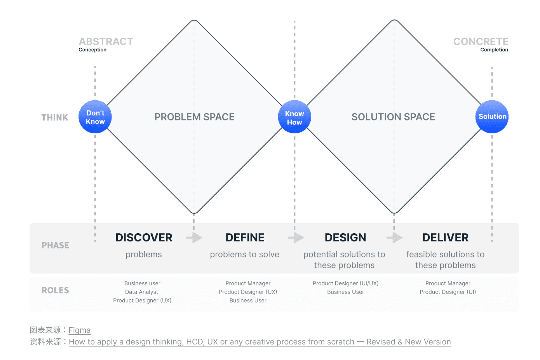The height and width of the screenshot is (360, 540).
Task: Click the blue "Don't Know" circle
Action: click(x=95, y=117)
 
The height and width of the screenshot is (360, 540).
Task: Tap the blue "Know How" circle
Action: click(x=294, y=117)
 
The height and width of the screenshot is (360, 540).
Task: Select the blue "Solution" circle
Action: click(x=492, y=117)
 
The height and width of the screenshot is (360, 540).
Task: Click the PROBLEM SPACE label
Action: click(x=194, y=117)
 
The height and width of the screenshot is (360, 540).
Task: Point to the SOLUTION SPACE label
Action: click(x=393, y=117)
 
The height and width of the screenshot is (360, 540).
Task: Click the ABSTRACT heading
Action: click(x=106, y=42)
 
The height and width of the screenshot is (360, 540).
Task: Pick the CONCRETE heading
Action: click(x=481, y=42)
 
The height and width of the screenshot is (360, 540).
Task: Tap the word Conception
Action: click(x=92, y=50)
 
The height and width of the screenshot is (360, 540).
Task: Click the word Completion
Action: click(x=494, y=50)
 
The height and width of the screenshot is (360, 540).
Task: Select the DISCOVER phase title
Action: click(x=144, y=238)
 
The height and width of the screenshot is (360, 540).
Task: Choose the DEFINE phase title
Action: click(x=245, y=238)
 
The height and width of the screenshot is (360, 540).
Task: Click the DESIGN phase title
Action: click(x=345, y=238)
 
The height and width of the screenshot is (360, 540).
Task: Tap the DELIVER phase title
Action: click(x=445, y=238)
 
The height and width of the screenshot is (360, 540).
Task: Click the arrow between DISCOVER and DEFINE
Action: click(x=194, y=238)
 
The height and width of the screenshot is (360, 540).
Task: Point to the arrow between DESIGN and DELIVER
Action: click(x=394, y=238)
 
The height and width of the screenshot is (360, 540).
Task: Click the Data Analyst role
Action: click(x=141, y=292)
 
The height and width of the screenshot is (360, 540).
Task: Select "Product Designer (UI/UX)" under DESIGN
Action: click(x=345, y=283)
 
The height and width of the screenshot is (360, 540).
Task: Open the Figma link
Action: click(x=80, y=330)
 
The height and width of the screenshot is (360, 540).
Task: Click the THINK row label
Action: click(x=55, y=117)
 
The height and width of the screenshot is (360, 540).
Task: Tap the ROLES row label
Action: click(x=55, y=290)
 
